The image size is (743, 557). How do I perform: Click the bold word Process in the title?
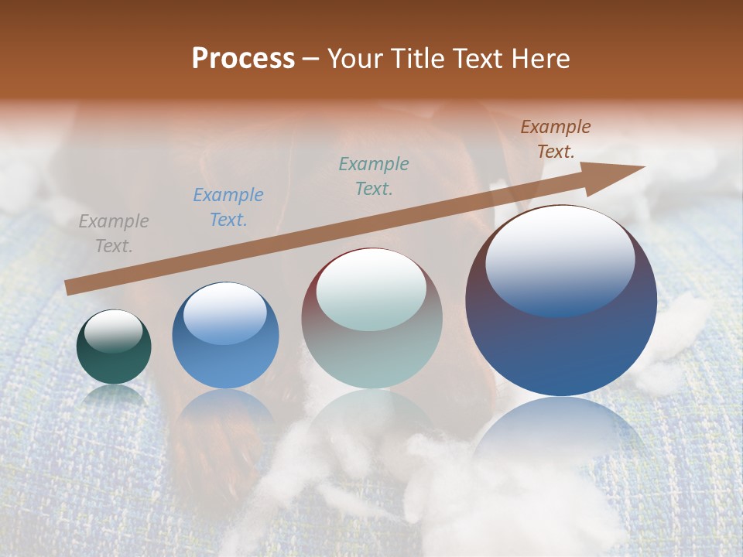243,58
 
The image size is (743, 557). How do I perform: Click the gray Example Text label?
114,234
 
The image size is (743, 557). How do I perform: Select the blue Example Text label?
228,207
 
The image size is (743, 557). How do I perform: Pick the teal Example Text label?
374,176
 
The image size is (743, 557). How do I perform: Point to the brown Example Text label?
556,139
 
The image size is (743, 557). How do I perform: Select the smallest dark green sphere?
114,364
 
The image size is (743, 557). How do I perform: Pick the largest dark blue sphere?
561,348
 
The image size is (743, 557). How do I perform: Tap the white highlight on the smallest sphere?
114,330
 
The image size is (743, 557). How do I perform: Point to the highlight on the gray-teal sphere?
371,289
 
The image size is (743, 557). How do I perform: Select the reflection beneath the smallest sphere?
114,395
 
